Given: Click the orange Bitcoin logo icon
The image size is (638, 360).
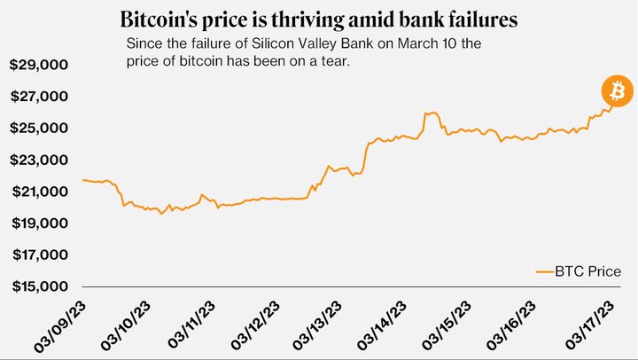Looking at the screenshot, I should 617,90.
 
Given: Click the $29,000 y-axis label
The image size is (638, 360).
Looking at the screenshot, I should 40,65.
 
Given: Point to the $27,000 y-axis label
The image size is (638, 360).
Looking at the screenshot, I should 40,97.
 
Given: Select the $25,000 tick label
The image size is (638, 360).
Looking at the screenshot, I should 40,129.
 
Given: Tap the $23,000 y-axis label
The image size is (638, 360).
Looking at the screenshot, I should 40,160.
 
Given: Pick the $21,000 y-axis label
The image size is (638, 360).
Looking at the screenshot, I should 40,192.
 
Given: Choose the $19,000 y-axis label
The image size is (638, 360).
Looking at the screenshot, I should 40,223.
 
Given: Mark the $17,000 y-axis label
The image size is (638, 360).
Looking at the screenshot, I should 40,255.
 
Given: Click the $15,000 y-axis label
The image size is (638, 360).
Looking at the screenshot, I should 40,287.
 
